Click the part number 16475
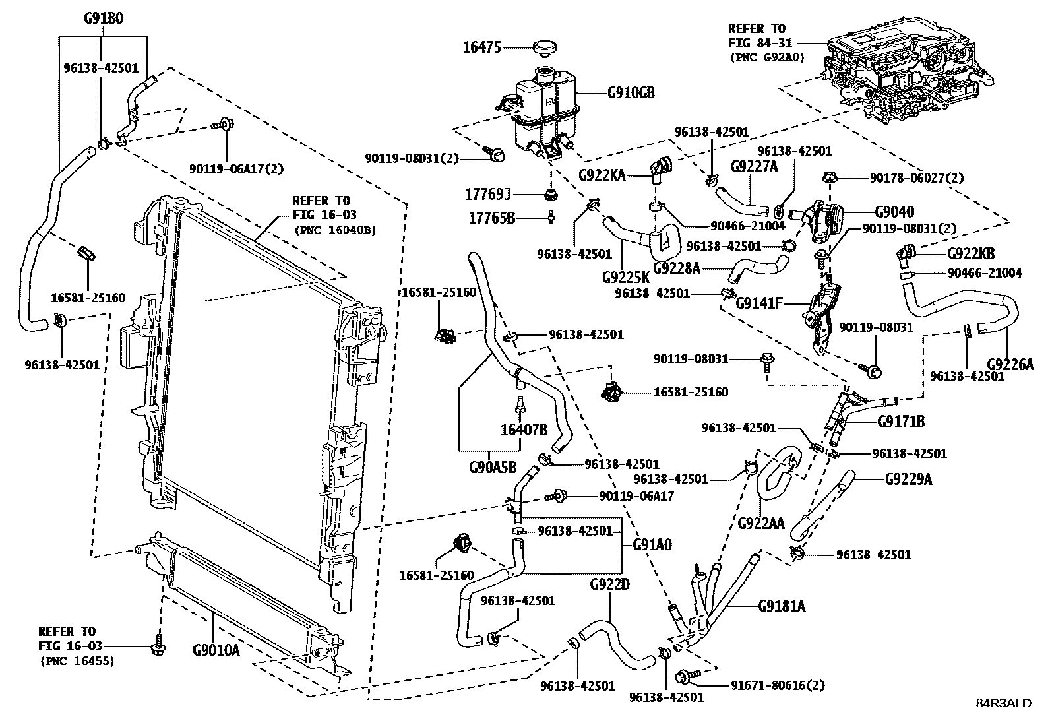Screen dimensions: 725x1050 (481, 47)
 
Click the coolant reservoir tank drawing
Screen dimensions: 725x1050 (544, 112)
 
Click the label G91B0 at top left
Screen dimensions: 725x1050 (104, 18)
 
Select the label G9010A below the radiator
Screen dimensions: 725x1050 (216, 650)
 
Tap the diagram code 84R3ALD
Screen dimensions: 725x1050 (1003, 703)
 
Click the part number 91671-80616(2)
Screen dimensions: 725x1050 (768, 685)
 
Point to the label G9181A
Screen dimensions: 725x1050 (782, 606)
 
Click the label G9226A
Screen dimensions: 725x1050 (1010, 364)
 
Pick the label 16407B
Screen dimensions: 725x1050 (524, 430)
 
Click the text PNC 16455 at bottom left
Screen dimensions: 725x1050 (77, 660)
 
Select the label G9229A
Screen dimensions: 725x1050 (908, 479)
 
